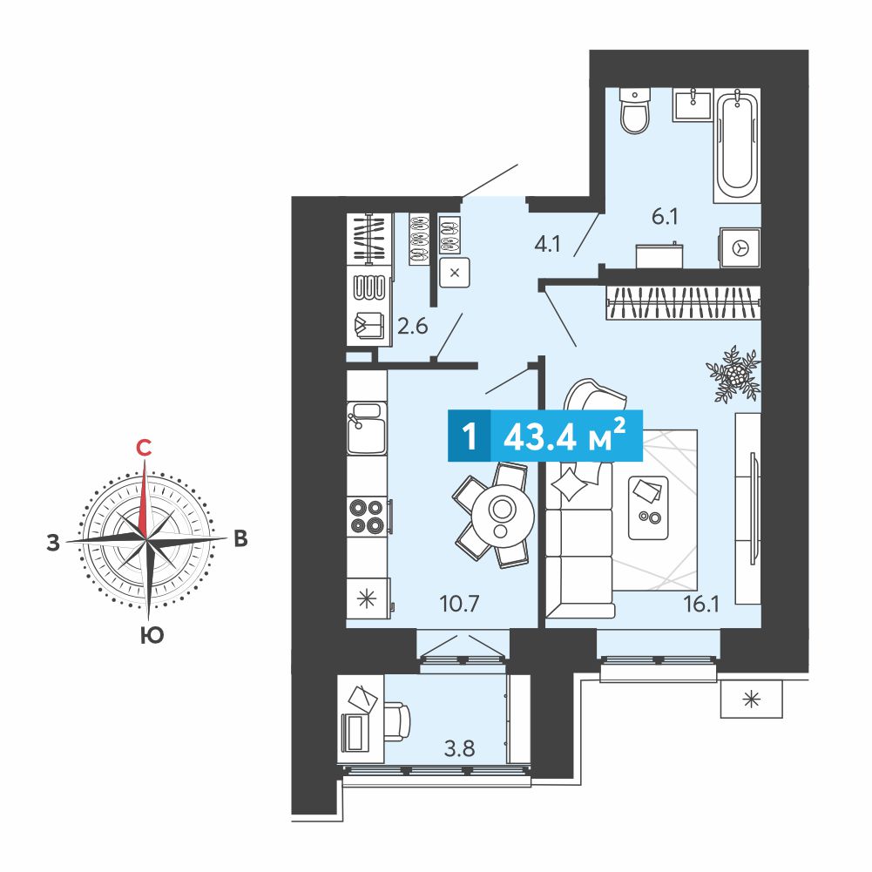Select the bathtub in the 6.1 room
(x=737, y=144)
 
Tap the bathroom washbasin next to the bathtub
(x=693, y=104)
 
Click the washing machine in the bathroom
(x=740, y=247)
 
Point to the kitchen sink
(x=367, y=429)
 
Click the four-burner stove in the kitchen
(x=367, y=517)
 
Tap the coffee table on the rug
(x=648, y=508)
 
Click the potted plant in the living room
(x=733, y=375)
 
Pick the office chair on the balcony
(x=396, y=721)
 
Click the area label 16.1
(x=700, y=604)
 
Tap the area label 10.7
(x=459, y=604)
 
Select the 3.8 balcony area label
(x=459, y=748)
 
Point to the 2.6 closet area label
(x=412, y=326)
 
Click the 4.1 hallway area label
(x=547, y=244)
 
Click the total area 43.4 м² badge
(x=545, y=436)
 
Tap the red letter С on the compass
(x=144, y=447)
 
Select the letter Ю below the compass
(x=152, y=634)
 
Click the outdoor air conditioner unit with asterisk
(x=751, y=699)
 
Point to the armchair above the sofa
(x=594, y=396)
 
